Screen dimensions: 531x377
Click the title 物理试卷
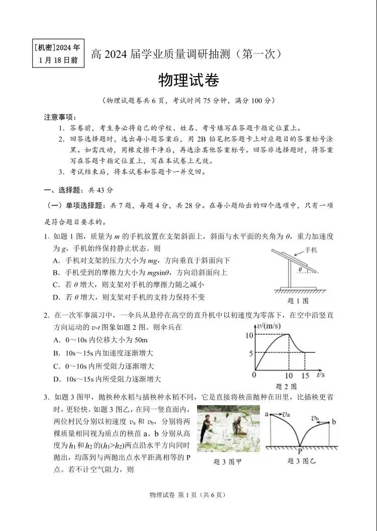(x=189, y=80)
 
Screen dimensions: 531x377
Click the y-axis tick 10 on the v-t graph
(x=248, y=335)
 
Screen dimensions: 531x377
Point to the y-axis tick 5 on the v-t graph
(x=250, y=353)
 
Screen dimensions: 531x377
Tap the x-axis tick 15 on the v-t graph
(x=305, y=376)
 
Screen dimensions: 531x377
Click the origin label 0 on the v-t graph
(x=254, y=375)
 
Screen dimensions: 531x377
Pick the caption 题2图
(x=287, y=386)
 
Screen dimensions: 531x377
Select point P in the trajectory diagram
(x=300, y=451)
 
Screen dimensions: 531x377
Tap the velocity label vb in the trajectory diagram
(x=315, y=418)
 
